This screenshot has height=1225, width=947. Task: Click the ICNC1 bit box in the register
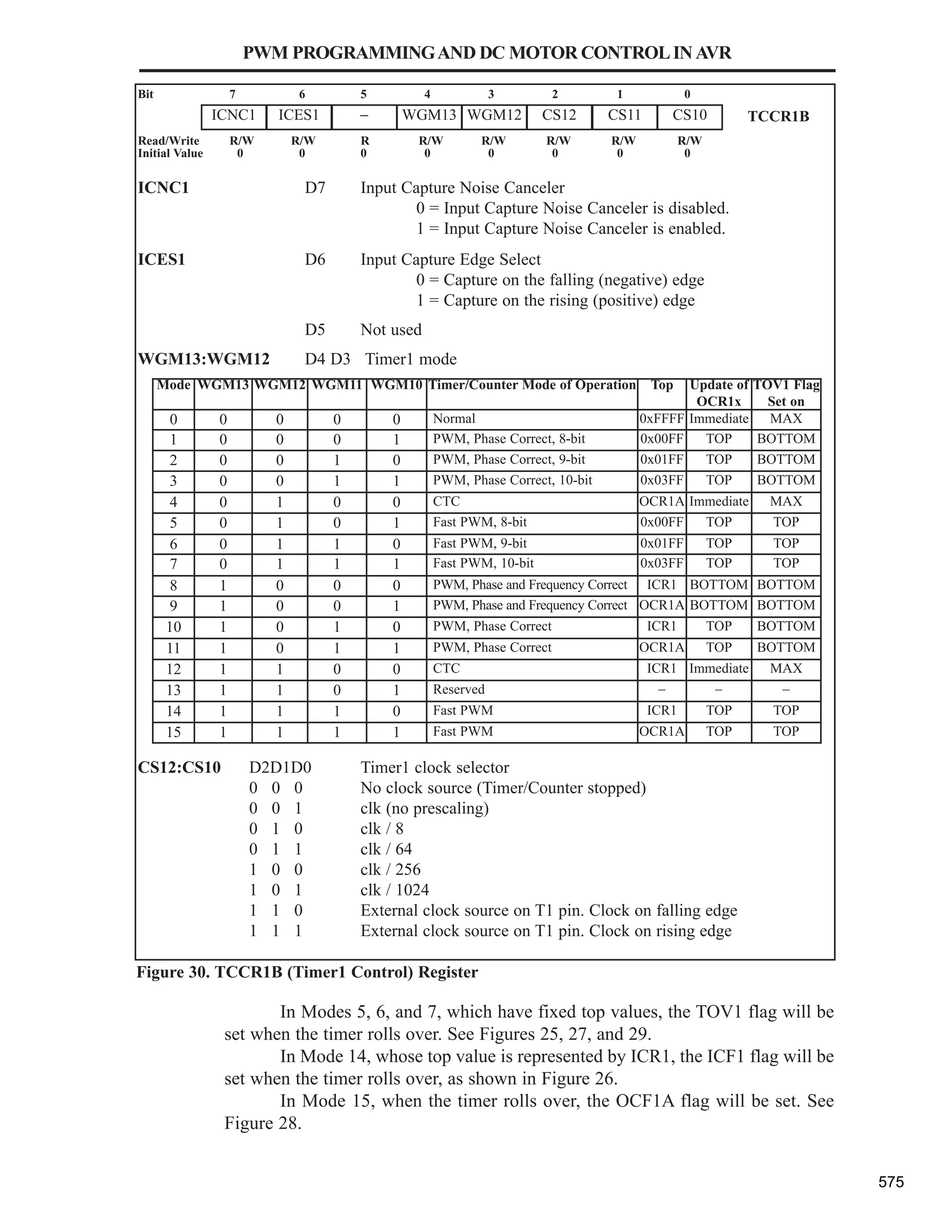point(234,116)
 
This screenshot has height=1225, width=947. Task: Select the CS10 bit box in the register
point(689,116)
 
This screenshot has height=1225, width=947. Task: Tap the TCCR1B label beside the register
point(778,116)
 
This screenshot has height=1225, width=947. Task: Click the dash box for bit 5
point(364,116)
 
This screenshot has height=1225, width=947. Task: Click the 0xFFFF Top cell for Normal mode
point(661,419)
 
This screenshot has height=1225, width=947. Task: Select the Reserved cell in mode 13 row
point(458,689)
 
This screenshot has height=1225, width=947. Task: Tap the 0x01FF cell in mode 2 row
point(661,460)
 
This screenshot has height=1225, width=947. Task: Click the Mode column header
point(173,386)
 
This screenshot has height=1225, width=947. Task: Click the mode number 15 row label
point(173,732)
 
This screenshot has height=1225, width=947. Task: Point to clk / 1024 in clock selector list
point(394,890)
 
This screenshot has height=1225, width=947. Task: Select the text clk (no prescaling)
point(424,808)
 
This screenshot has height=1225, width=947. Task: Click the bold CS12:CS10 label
point(179,767)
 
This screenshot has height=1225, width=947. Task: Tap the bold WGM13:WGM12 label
point(203,359)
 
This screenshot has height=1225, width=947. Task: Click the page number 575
point(891,1182)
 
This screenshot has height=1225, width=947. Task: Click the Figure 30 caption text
point(307,972)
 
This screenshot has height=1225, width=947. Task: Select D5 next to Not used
point(315,330)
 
